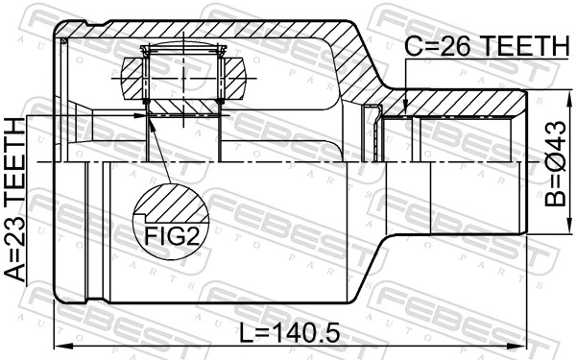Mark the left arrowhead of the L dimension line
point(58,345)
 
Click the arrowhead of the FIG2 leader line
point(148,118)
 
